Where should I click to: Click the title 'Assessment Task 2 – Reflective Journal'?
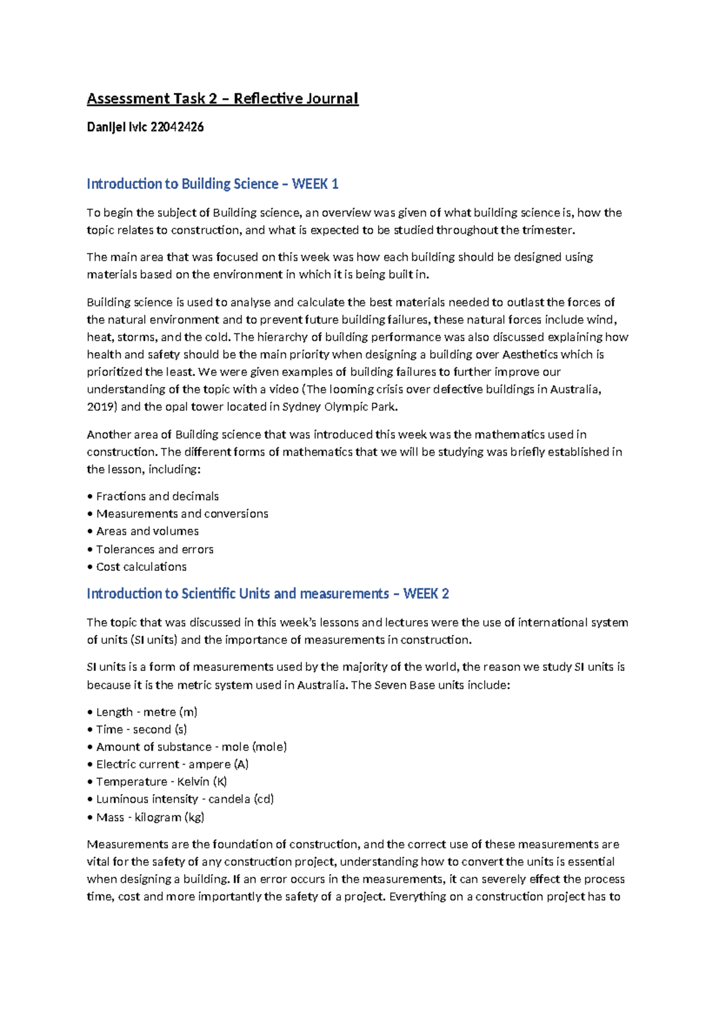222,98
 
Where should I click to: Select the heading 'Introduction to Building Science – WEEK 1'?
212,184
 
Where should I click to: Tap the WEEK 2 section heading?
267,594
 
